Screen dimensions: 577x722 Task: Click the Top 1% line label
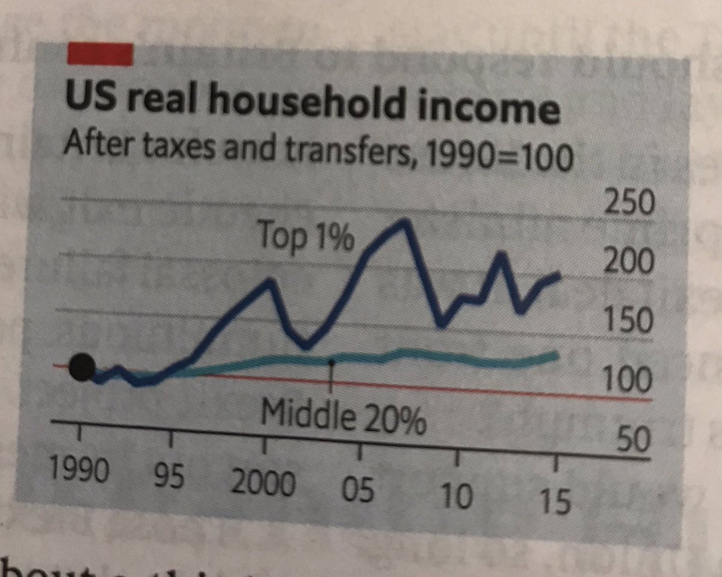[x=307, y=235]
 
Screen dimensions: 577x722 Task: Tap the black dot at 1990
[x=82, y=366]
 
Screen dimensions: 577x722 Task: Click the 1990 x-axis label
[x=78, y=469]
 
